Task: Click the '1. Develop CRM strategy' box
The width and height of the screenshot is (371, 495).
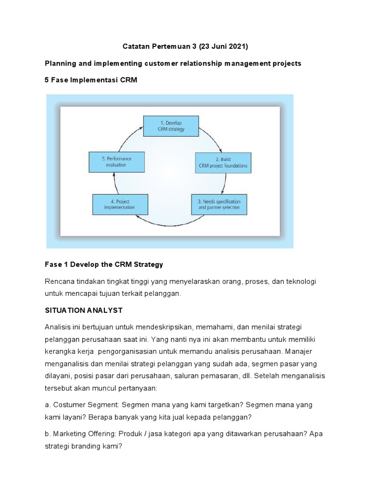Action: (x=171, y=126)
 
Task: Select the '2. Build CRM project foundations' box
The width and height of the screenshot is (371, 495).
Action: (x=223, y=162)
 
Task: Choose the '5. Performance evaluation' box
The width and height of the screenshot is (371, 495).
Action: (x=116, y=161)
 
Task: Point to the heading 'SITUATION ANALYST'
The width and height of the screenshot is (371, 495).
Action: (x=84, y=309)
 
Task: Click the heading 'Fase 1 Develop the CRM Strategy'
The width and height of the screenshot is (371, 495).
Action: (x=104, y=264)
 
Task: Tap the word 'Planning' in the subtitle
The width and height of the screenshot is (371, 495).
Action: (x=60, y=64)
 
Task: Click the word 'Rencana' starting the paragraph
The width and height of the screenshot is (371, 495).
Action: (x=59, y=281)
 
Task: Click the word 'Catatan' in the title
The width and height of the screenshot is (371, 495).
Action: (x=133, y=46)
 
